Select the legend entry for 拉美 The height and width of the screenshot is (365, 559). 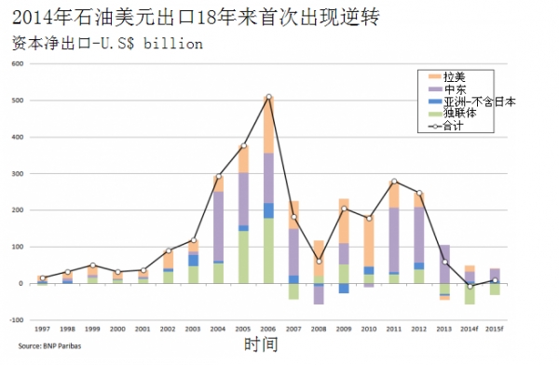tap(454, 76)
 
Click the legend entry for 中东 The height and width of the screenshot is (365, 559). tap(454, 88)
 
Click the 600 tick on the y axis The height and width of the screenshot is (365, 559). tap(17, 64)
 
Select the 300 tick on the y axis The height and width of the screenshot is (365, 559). tap(17, 174)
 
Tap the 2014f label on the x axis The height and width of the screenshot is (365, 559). tap(470, 330)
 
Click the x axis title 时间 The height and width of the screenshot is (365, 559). tap(260, 345)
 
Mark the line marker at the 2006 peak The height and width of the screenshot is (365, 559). tap(269, 97)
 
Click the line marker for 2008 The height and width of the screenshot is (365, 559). tap(320, 262)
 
